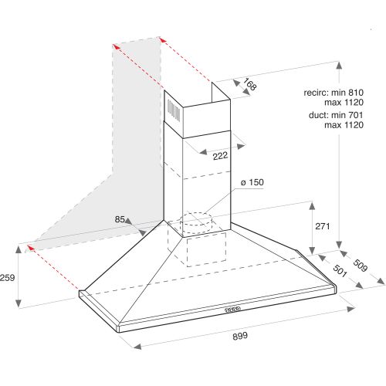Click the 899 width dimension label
[240, 336]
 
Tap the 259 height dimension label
[8, 278]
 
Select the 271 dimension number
[323, 226]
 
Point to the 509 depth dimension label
[360, 266]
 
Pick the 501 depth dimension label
[340, 271]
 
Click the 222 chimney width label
[220, 156]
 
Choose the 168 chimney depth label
[249, 84]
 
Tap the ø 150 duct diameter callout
[252, 182]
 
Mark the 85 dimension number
[120, 219]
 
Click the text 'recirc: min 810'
[334, 93]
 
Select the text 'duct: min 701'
[336, 115]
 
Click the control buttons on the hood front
[232, 310]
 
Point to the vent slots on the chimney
[174, 110]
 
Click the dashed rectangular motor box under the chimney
[206, 249]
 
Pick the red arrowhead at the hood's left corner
[30, 248]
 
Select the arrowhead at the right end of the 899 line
[351, 309]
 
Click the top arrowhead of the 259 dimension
[19, 249]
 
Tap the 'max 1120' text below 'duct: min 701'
[344, 125]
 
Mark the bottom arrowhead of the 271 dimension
[312, 250]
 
